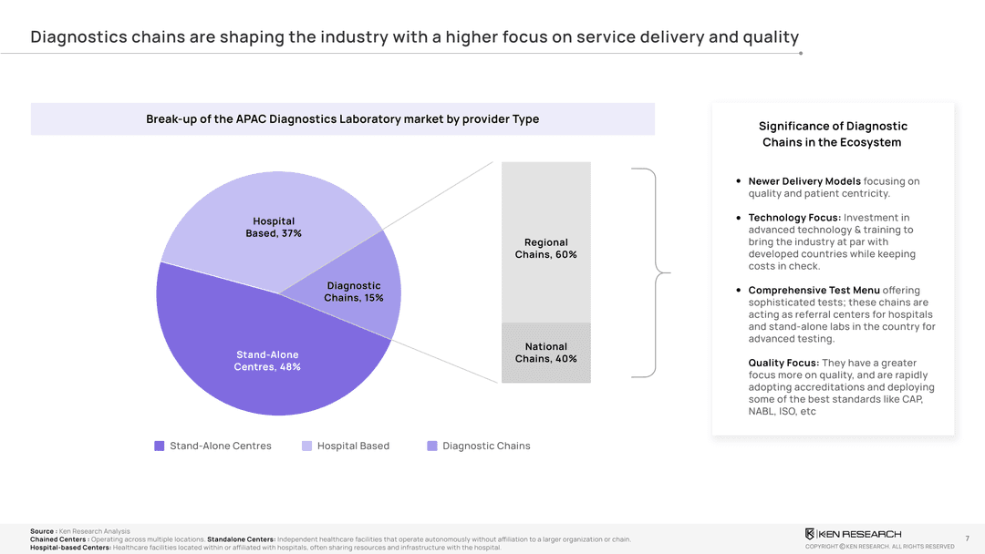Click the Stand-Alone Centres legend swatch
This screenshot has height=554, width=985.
pos(160,446)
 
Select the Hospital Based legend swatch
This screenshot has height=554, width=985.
pos(307,446)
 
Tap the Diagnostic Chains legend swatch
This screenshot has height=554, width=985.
pos(432,446)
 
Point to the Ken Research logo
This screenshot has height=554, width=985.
pos(853,533)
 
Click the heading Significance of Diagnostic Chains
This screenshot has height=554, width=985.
pos(833,134)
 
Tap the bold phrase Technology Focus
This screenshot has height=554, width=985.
pos(794,218)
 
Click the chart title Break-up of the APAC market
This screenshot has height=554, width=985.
pos(342,118)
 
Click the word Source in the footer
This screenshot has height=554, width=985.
pos(42,531)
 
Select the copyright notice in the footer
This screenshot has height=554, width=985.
pos(879,547)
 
